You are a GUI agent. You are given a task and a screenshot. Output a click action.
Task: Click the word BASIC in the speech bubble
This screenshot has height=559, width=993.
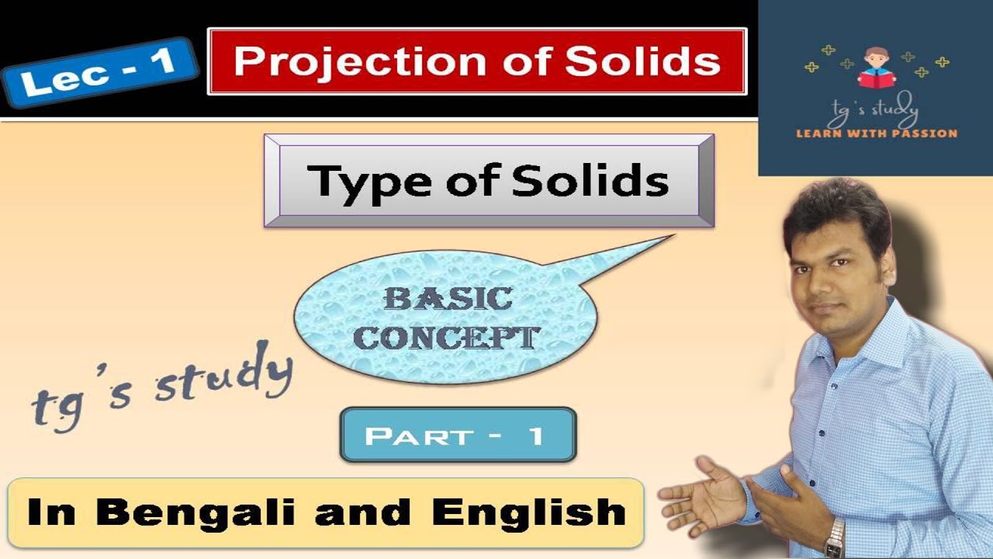coord(448,299)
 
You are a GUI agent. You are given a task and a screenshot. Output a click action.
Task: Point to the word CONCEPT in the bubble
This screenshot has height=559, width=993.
coord(451,337)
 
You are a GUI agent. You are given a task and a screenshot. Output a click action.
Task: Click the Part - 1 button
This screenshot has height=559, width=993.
coord(458,436)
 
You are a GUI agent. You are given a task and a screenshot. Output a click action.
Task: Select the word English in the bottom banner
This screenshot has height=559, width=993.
coord(528,513)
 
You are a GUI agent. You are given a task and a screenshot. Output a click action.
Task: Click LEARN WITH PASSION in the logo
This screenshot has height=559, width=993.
coord(877,134)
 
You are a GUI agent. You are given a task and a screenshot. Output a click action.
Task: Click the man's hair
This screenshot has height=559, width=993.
coord(834,204)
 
